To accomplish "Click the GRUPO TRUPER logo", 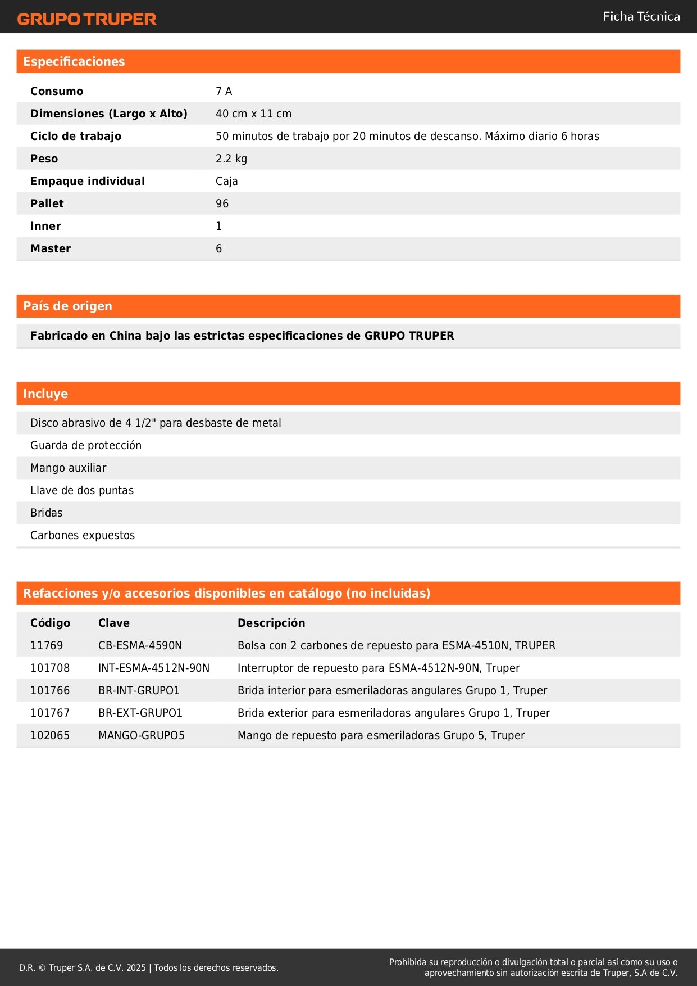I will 86,19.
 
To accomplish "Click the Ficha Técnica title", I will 641,17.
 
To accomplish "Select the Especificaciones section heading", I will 74,62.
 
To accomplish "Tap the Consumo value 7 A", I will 224,91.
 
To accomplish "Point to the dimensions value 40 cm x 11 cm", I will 253,114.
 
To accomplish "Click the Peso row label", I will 44,159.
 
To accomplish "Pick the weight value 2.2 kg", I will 231,159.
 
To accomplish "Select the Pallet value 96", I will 222,203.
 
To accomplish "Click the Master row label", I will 51,248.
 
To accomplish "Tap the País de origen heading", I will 67,306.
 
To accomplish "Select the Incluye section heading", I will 45,394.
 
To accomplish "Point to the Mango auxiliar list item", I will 68,468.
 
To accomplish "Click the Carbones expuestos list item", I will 83,535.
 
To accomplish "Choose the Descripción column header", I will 271,623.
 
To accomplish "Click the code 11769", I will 47,645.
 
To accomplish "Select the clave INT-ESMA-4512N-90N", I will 153,668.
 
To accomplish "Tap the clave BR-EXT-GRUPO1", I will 140,713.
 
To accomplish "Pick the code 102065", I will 50,735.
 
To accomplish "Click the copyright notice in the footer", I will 149,967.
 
